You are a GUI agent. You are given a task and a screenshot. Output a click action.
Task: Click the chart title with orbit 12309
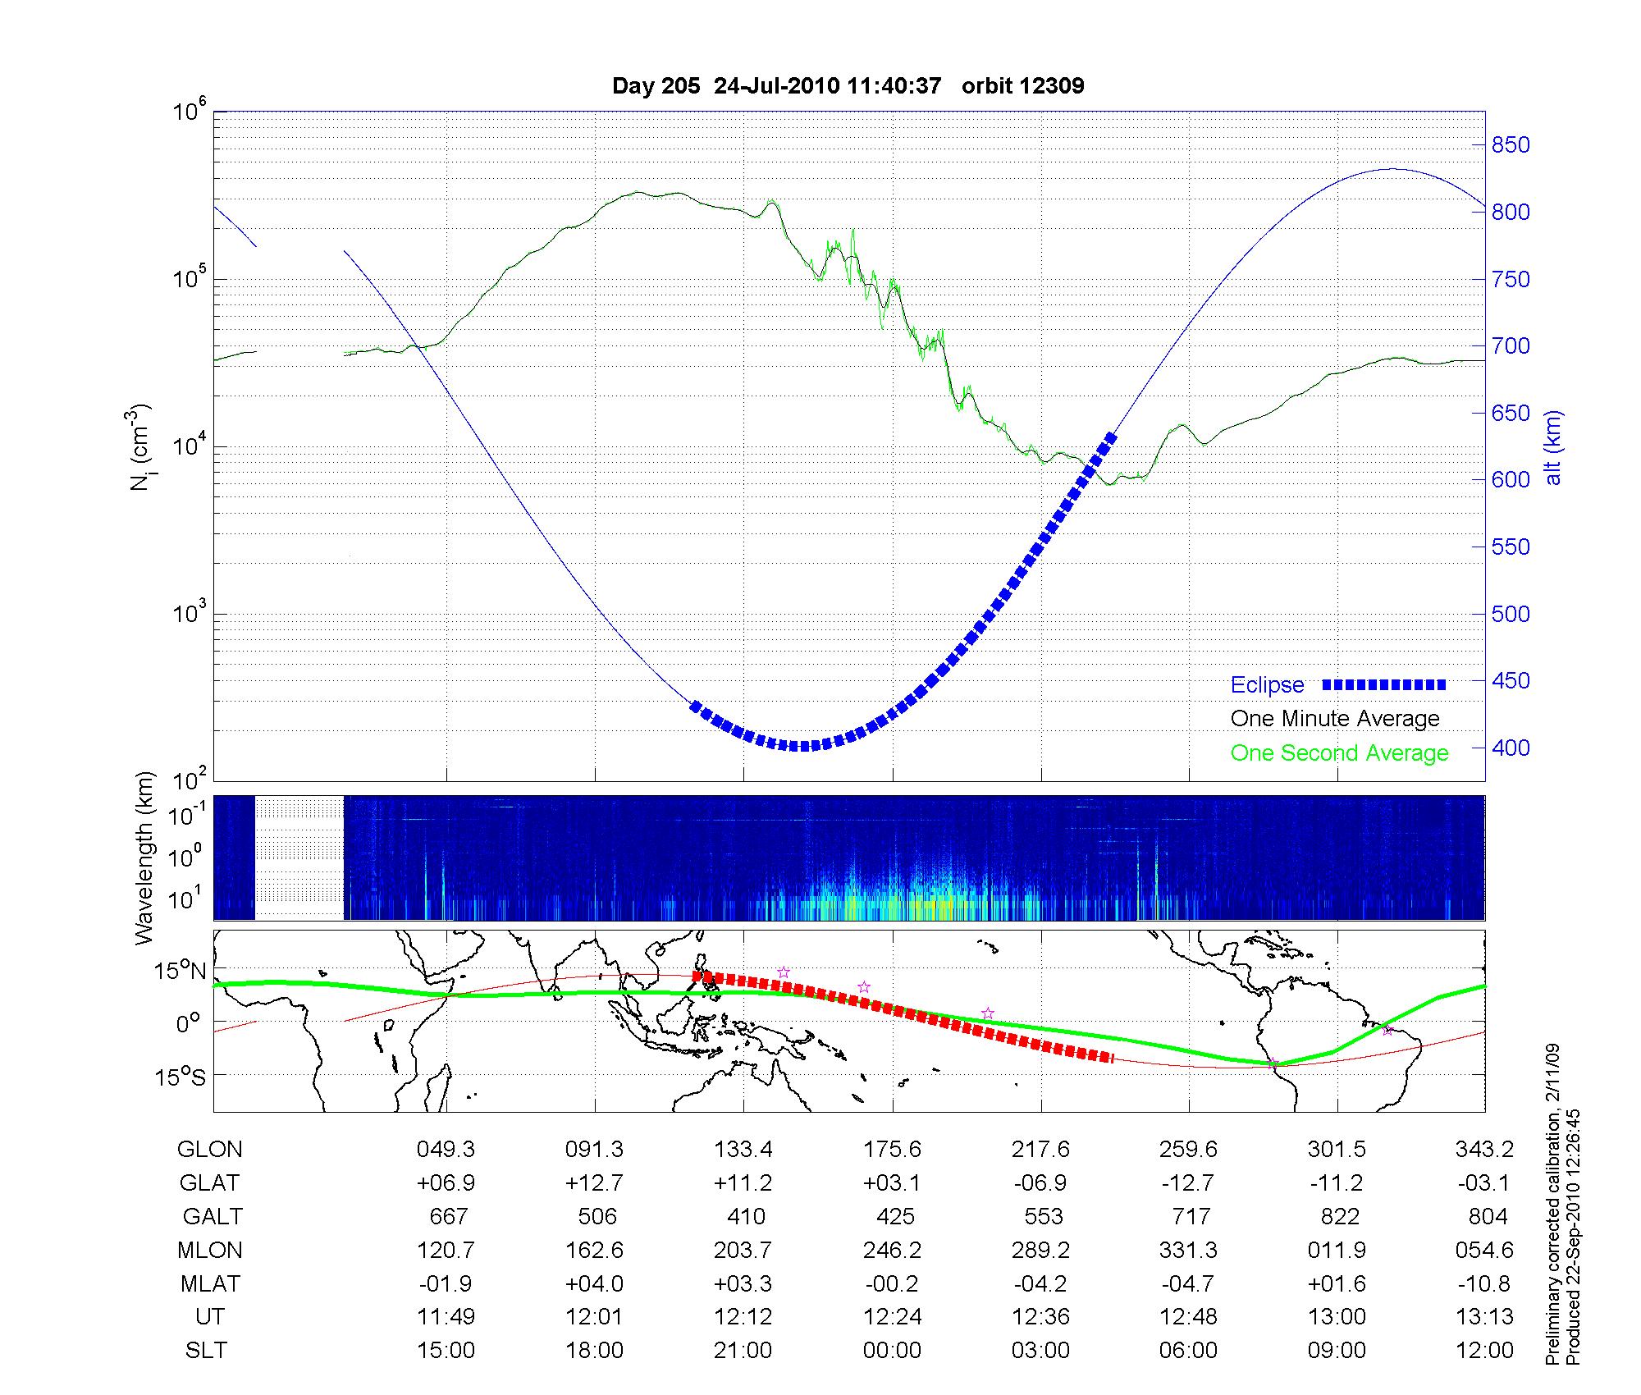coord(848,86)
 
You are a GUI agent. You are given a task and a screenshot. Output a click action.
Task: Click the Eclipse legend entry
coord(1267,685)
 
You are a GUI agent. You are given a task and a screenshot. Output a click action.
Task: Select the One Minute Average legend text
coord(1335,719)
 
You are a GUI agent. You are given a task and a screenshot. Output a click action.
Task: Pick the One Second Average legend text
coord(1339,753)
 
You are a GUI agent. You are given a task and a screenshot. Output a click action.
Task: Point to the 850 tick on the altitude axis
coord(1510,145)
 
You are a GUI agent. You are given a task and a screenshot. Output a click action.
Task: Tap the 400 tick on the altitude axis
coord(1510,748)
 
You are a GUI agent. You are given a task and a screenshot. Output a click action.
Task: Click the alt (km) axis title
coord(1553,447)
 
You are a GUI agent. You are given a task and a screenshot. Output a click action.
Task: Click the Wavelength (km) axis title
coord(145,858)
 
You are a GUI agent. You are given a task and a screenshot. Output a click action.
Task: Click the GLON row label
coord(210,1150)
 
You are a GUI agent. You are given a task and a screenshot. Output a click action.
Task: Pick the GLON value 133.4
coord(743,1150)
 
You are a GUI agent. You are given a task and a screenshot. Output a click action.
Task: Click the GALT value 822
coord(1340,1216)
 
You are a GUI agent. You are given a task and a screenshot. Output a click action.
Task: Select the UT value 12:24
coord(893,1317)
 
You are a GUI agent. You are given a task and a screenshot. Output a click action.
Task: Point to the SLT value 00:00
coord(892,1351)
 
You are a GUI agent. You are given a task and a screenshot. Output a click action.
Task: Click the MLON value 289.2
coord(1041,1250)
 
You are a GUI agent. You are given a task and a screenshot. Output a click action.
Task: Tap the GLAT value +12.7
coord(595,1182)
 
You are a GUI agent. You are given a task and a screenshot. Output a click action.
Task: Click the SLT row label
coord(206,1351)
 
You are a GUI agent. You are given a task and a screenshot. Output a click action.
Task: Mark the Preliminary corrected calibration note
coord(1552,1206)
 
